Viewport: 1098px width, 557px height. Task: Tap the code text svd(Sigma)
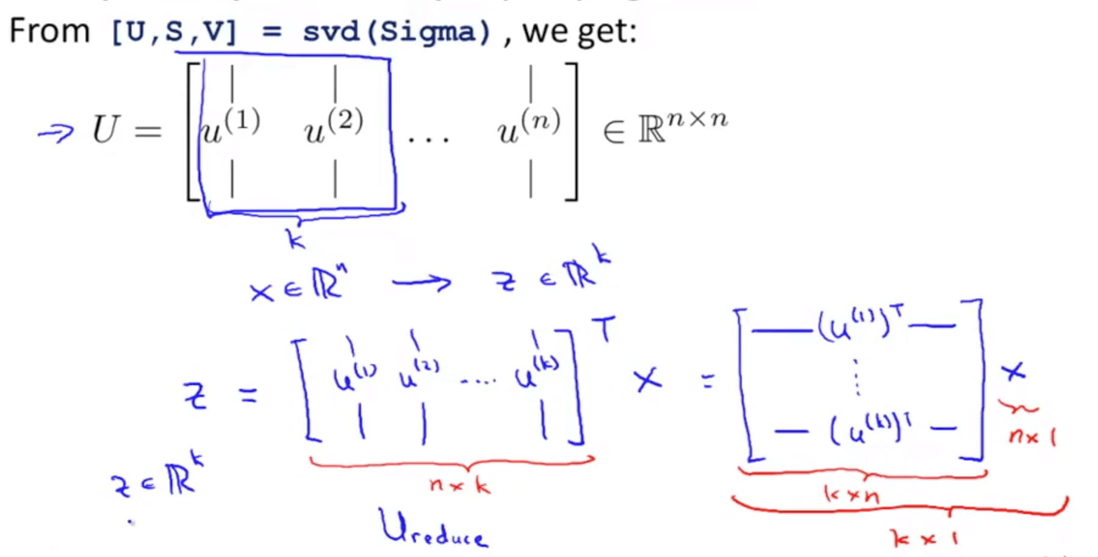click(x=396, y=32)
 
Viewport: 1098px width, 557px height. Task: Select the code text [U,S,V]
click(x=174, y=32)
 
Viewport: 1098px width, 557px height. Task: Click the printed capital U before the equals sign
click(x=105, y=129)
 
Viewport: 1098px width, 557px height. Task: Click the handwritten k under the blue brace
click(x=296, y=238)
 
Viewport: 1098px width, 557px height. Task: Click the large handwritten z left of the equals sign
click(x=195, y=396)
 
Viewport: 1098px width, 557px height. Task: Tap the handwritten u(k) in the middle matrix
click(x=536, y=372)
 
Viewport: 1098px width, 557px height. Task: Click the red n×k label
click(x=459, y=485)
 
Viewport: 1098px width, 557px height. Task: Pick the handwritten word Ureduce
click(x=433, y=528)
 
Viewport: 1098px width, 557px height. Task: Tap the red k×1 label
click(x=923, y=538)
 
